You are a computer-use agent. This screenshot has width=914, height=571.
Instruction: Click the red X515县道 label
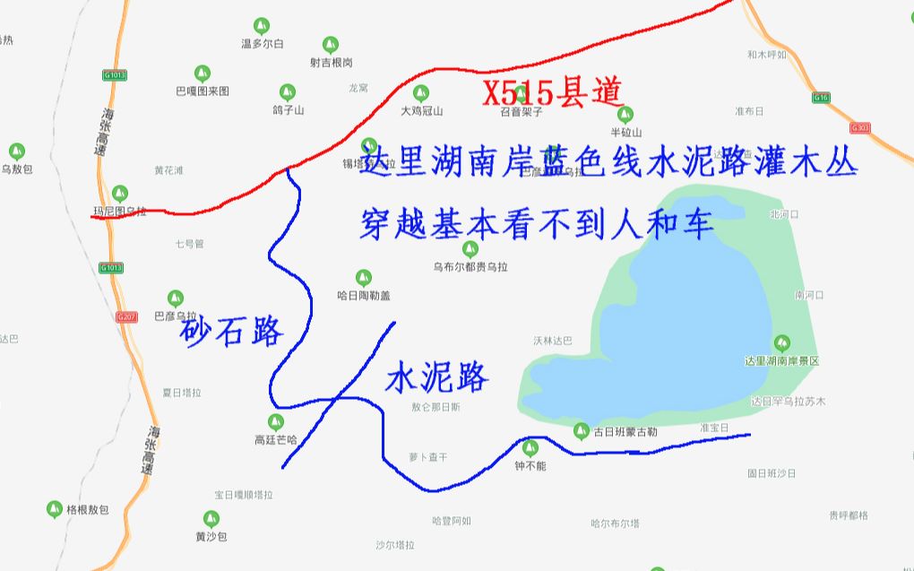click(552, 92)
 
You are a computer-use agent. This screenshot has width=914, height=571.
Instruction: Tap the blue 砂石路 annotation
click(231, 332)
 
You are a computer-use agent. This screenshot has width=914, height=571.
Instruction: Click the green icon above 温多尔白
click(261, 25)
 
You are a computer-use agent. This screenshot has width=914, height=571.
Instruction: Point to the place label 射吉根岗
click(332, 63)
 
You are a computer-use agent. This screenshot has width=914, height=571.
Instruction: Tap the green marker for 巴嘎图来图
click(203, 73)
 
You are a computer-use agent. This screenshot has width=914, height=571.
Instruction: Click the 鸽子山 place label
click(288, 110)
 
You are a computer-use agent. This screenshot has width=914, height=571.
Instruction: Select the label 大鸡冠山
click(421, 111)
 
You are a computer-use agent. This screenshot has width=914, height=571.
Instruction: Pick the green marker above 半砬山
click(625, 114)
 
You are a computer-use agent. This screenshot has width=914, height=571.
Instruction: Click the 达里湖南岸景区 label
click(781, 360)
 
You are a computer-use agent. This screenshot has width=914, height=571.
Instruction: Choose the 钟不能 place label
click(530, 466)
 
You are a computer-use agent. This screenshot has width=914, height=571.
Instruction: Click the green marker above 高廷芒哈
click(276, 421)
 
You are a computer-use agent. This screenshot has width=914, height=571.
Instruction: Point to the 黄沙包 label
click(211, 537)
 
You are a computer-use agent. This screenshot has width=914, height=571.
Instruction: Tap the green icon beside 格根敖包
click(55, 509)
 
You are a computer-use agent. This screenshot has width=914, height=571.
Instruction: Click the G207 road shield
click(125, 317)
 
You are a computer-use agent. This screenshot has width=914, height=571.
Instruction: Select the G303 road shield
click(860, 128)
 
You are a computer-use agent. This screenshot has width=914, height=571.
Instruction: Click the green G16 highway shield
click(821, 97)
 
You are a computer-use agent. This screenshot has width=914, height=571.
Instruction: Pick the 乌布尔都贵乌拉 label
click(470, 266)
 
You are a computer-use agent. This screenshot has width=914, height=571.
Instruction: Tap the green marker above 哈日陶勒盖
click(364, 278)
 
